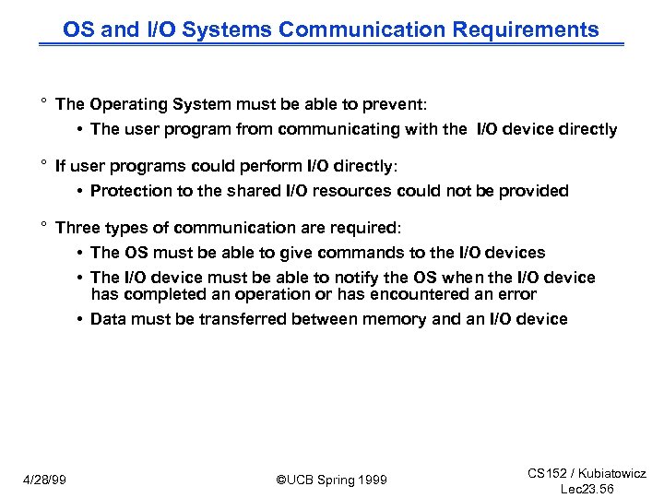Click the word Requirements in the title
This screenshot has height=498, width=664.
coord(526,30)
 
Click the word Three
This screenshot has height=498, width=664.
coord(77,227)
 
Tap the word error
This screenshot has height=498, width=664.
coord(516,294)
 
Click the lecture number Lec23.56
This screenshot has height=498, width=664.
coord(587,489)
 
